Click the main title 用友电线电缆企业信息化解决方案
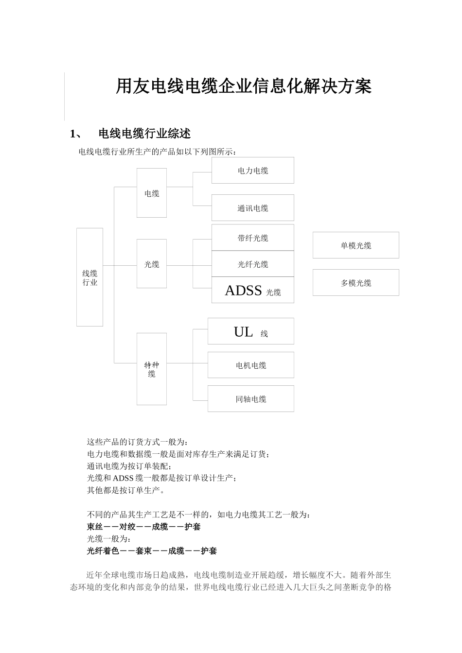point(244,86)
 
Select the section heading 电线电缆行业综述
point(144,134)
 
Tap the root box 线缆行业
point(89,277)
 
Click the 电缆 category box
point(152,193)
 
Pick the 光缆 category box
point(152,264)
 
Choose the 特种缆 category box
point(152,369)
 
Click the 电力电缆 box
point(252,171)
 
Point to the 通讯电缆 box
point(252,208)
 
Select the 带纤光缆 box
point(252,238)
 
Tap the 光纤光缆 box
point(252,264)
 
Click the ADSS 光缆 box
point(252,291)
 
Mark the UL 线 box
point(250,332)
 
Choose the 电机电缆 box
point(250,365)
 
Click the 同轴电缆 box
point(250,399)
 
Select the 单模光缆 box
point(355,245)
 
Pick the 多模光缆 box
point(355,283)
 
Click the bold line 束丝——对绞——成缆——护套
point(143,527)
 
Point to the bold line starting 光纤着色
point(152,551)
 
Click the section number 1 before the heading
point(74,134)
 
